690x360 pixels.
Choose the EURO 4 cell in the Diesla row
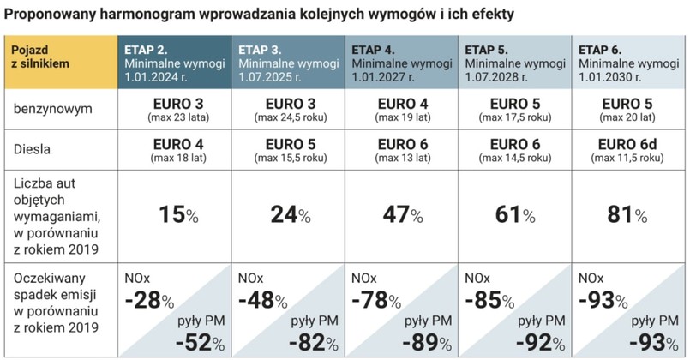coord(174,143)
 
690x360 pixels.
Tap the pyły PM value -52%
coord(199,342)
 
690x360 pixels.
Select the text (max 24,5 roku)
coord(288,119)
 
